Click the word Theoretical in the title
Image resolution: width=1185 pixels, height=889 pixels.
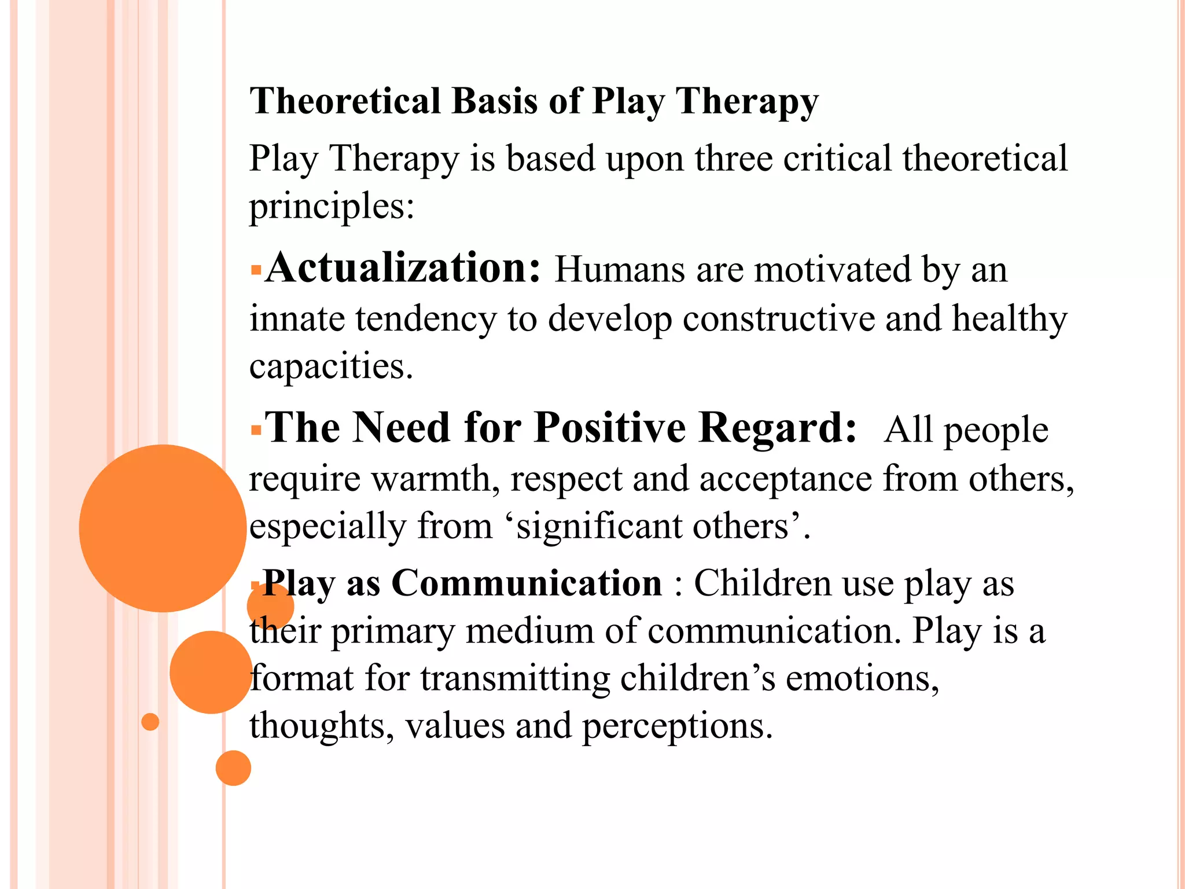tap(345, 101)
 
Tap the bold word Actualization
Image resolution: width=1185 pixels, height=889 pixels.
tap(403, 269)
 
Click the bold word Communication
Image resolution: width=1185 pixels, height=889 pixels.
tap(527, 583)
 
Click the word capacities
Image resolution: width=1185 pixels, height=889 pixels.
tap(330, 367)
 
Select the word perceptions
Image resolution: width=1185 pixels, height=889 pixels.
tap(676, 726)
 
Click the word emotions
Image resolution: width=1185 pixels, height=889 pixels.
tap(862, 678)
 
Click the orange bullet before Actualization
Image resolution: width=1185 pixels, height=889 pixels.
tap(256, 270)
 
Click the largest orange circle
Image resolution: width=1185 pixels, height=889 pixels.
tap(163, 528)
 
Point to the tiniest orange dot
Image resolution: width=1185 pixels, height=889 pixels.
tap(150, 722)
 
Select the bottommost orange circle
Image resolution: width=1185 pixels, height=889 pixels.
tap(233, 768)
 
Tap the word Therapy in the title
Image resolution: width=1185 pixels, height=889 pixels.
tap(747, 101)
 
